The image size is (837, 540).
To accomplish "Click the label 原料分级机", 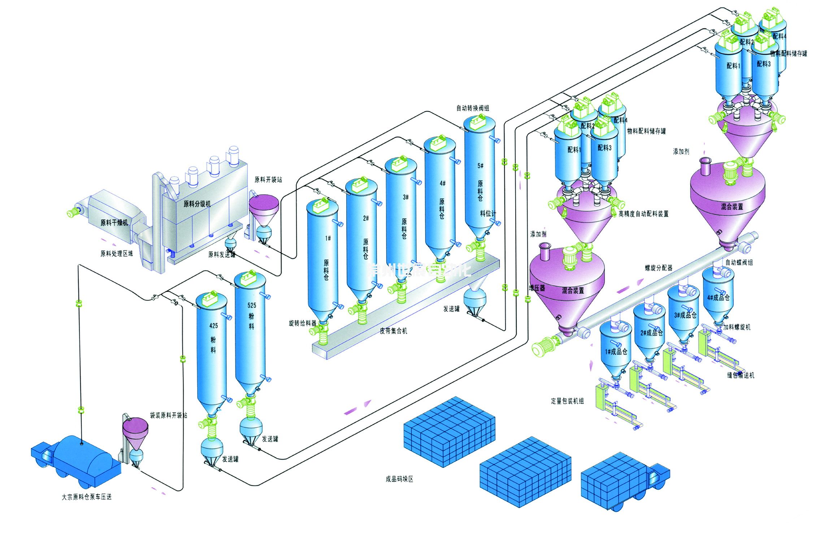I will [197, 204].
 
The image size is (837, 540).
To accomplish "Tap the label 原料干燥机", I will [114, 223].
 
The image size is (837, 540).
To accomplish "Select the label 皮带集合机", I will [393, 331].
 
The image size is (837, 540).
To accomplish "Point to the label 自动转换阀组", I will [473, 108].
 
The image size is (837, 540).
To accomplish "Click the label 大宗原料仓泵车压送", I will [87, 497].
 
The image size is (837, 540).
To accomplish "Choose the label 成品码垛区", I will [399, 479].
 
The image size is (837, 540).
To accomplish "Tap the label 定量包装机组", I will [567, 401].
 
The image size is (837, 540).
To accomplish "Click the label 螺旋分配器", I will [659, 268].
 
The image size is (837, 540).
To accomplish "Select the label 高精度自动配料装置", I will [643, 214].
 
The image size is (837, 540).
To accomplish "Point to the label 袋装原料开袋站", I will [169, 415].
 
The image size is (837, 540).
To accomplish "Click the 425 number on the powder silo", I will [213, 326].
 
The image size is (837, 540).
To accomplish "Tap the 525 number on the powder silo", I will [252, 306].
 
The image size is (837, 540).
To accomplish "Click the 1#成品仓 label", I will [616, 351].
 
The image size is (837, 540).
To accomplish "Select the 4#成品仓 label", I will [718, 298].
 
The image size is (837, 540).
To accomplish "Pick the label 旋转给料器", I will [302, 323].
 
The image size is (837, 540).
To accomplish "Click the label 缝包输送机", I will [741, 375].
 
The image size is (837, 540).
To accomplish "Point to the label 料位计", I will [488, 213].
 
